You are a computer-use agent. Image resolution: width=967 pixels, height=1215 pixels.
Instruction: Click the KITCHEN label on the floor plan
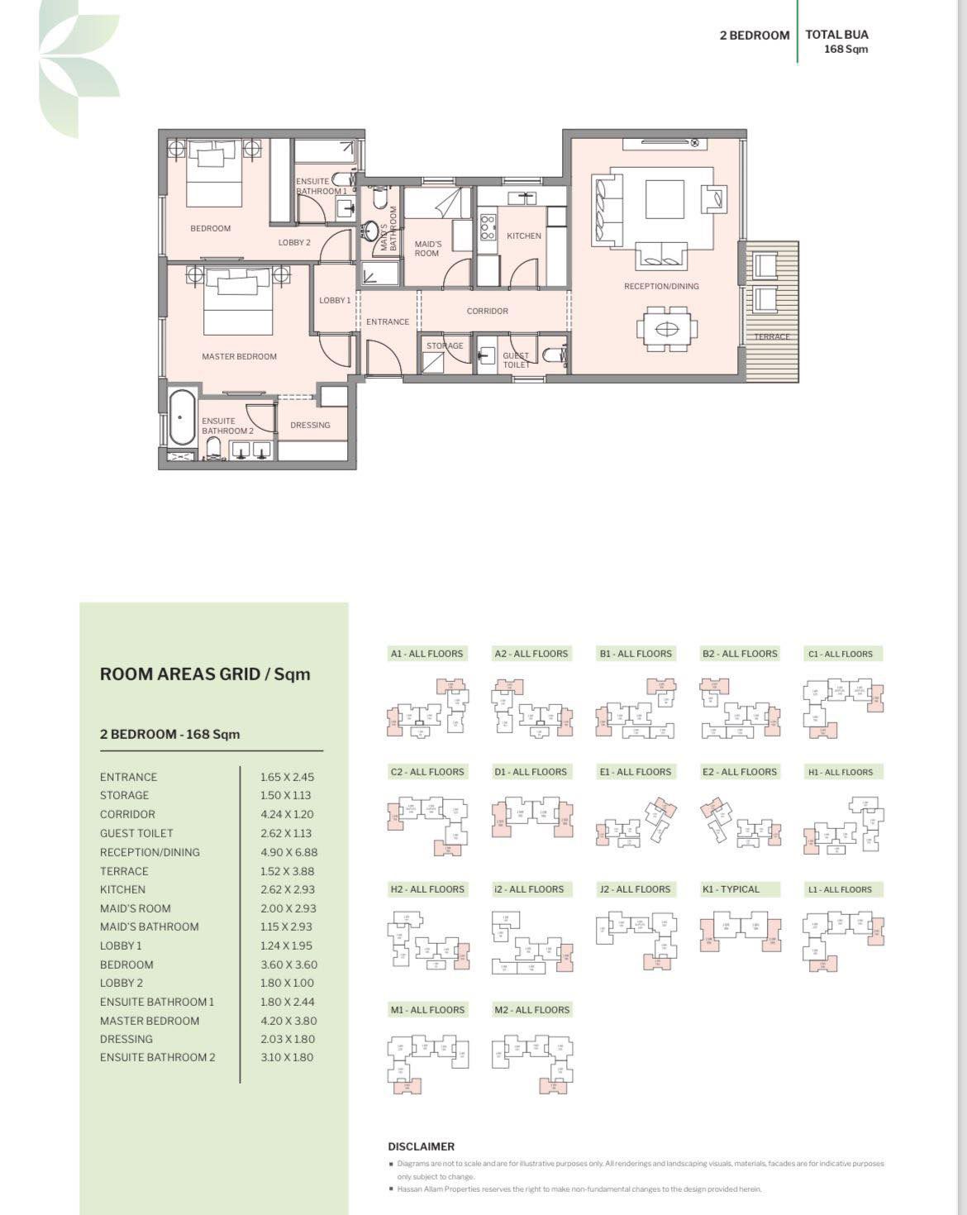(x=524, y=236)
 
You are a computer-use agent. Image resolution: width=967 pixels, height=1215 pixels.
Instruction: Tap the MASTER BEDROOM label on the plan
(x=239, y=356)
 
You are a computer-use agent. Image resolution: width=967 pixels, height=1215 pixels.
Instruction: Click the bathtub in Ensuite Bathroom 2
(x=181, y=417)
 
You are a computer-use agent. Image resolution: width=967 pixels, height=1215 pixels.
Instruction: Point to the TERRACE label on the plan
(x=771, y=336)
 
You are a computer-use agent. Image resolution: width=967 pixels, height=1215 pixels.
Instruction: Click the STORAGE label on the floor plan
(x=445, y=345)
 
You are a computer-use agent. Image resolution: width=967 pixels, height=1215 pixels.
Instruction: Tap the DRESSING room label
(x=310, y=425)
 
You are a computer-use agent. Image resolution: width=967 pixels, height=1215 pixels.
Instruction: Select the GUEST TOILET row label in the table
(x=136, y=833)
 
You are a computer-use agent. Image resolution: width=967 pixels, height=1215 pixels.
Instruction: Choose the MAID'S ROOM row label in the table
(x=135, y=908)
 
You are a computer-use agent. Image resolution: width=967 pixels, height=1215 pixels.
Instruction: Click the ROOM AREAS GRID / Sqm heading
(x=205, y=674)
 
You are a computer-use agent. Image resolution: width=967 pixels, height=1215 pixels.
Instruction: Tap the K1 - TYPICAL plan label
(x=731, y=889)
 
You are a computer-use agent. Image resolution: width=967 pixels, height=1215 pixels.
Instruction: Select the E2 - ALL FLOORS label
(x=740, y=772)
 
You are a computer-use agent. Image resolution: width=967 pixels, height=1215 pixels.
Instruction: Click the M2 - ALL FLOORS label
(x=531, y=1010)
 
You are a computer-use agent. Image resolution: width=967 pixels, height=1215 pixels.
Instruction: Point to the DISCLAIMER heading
(x=422, y=1146)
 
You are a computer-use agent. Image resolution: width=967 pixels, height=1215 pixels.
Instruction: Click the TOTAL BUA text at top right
(x=836, y=35)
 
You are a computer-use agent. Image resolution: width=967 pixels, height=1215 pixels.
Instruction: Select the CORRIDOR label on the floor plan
(x=487, y=311)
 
